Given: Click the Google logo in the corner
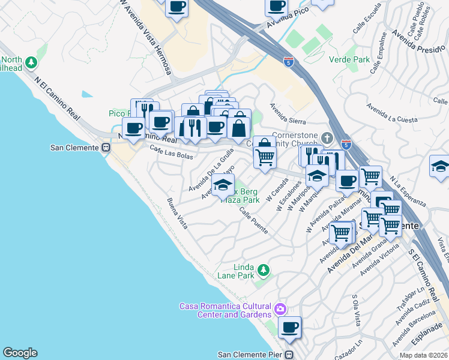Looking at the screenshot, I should coord(20,353).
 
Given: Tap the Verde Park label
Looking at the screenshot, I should coord(349,59).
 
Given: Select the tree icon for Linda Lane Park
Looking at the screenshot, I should coord(263,271).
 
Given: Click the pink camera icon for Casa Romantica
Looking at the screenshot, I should coord(280,310).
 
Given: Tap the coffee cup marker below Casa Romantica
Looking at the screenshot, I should coord(289,327).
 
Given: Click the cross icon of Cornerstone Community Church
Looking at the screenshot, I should coord(327,138).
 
